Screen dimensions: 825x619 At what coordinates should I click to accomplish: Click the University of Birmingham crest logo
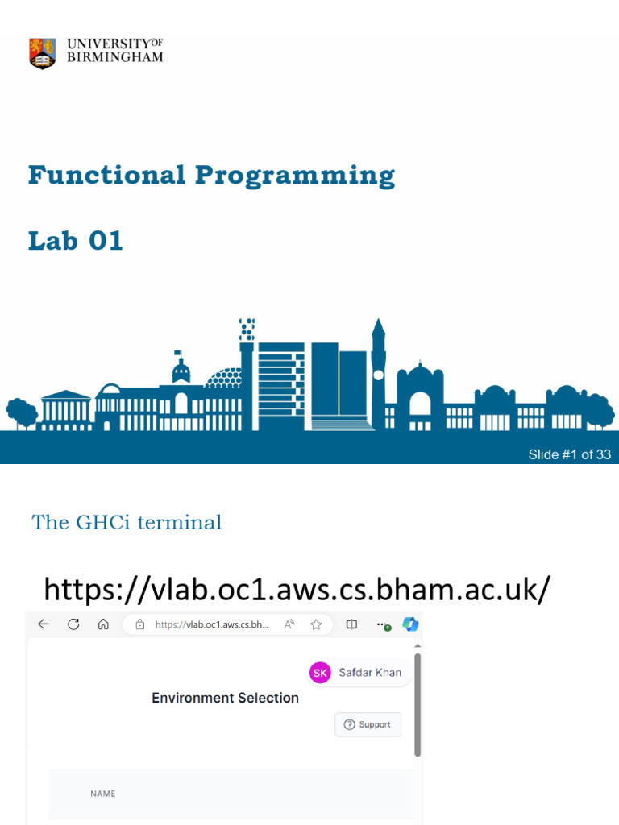[43, 53]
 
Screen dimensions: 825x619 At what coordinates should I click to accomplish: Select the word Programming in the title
[295, 176]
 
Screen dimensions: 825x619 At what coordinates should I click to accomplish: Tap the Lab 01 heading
[76, 240]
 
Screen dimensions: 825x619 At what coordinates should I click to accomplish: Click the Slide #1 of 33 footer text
[569, 454]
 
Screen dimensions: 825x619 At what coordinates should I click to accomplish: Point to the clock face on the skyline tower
[378, 375]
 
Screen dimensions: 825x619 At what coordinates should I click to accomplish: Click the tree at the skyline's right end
[598, 409]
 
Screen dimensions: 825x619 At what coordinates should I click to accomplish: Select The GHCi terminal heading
[127, 522]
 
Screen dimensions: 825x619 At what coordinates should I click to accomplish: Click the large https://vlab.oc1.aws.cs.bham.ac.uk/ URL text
[297, 589]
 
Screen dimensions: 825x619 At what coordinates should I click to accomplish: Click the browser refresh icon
[73, 624]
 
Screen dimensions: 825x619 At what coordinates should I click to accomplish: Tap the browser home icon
[103, 624]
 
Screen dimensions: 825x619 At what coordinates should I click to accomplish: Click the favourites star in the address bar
[317, 624]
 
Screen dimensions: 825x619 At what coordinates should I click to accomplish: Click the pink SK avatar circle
[320, 673]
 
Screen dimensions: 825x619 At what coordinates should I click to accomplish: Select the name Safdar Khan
[369, 673]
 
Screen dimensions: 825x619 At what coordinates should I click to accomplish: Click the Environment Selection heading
[225, 698]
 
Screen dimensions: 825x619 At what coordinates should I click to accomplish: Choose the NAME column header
[102, 794]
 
